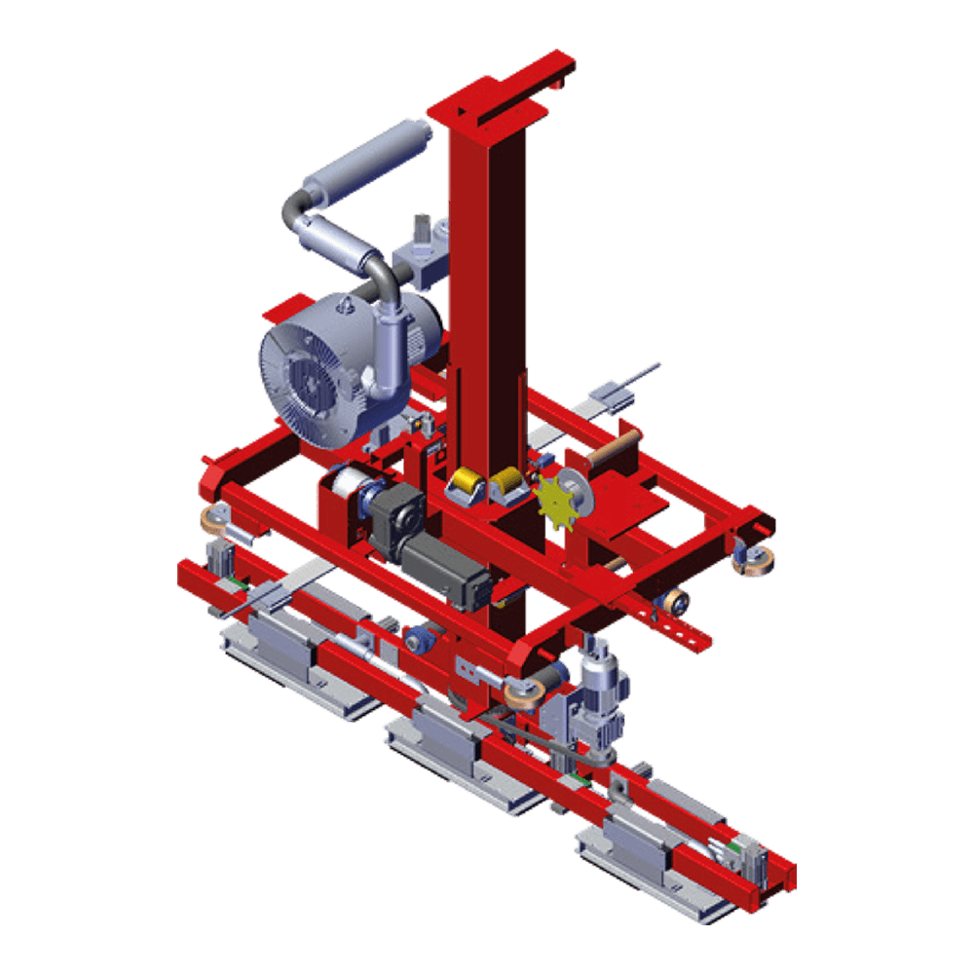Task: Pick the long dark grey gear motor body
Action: coord(443,571)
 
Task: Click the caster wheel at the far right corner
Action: coord(754,561)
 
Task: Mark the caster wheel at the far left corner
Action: coord(212,520)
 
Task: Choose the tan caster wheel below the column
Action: coord(523,693)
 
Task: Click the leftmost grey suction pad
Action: coord(282,648)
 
